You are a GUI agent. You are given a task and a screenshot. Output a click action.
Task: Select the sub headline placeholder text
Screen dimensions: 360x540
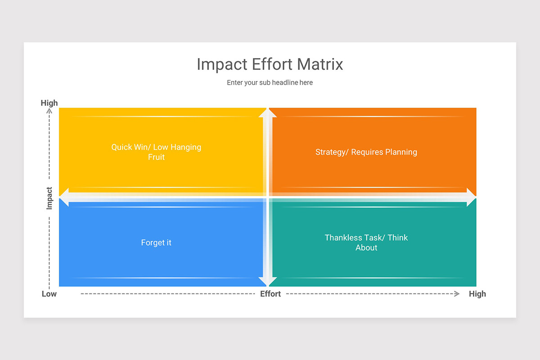[270, 83]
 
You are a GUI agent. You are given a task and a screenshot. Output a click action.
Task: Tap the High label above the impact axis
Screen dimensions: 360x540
[49, 103]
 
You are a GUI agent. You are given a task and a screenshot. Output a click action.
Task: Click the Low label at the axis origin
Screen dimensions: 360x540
[49, 294]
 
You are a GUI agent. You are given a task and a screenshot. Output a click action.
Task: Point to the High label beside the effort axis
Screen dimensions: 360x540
[477, 294]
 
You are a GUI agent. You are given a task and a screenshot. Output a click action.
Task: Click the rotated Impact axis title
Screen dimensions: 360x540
[49, 198]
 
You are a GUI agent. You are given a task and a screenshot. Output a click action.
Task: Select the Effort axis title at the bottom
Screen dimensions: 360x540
[270, 294]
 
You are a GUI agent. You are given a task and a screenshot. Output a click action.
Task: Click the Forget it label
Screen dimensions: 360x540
[156, 243]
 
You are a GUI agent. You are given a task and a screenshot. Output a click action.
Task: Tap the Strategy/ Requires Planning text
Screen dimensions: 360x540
[366, 152]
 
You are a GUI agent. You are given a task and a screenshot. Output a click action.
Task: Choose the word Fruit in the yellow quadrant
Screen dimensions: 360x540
[156, 157]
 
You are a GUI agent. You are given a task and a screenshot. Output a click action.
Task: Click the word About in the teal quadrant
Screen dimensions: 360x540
[366, 247]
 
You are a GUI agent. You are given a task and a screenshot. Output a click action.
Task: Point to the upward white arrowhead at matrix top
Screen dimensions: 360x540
[267, 112]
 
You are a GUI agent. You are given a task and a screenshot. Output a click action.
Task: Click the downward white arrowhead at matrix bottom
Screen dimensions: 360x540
[267, 282]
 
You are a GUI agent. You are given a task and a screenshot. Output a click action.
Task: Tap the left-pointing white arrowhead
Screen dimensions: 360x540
[64, 198]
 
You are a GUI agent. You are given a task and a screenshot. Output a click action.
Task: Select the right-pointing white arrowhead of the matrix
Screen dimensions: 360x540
[471, 198]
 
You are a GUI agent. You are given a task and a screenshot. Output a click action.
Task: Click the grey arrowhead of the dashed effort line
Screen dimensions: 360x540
[457, 294]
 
